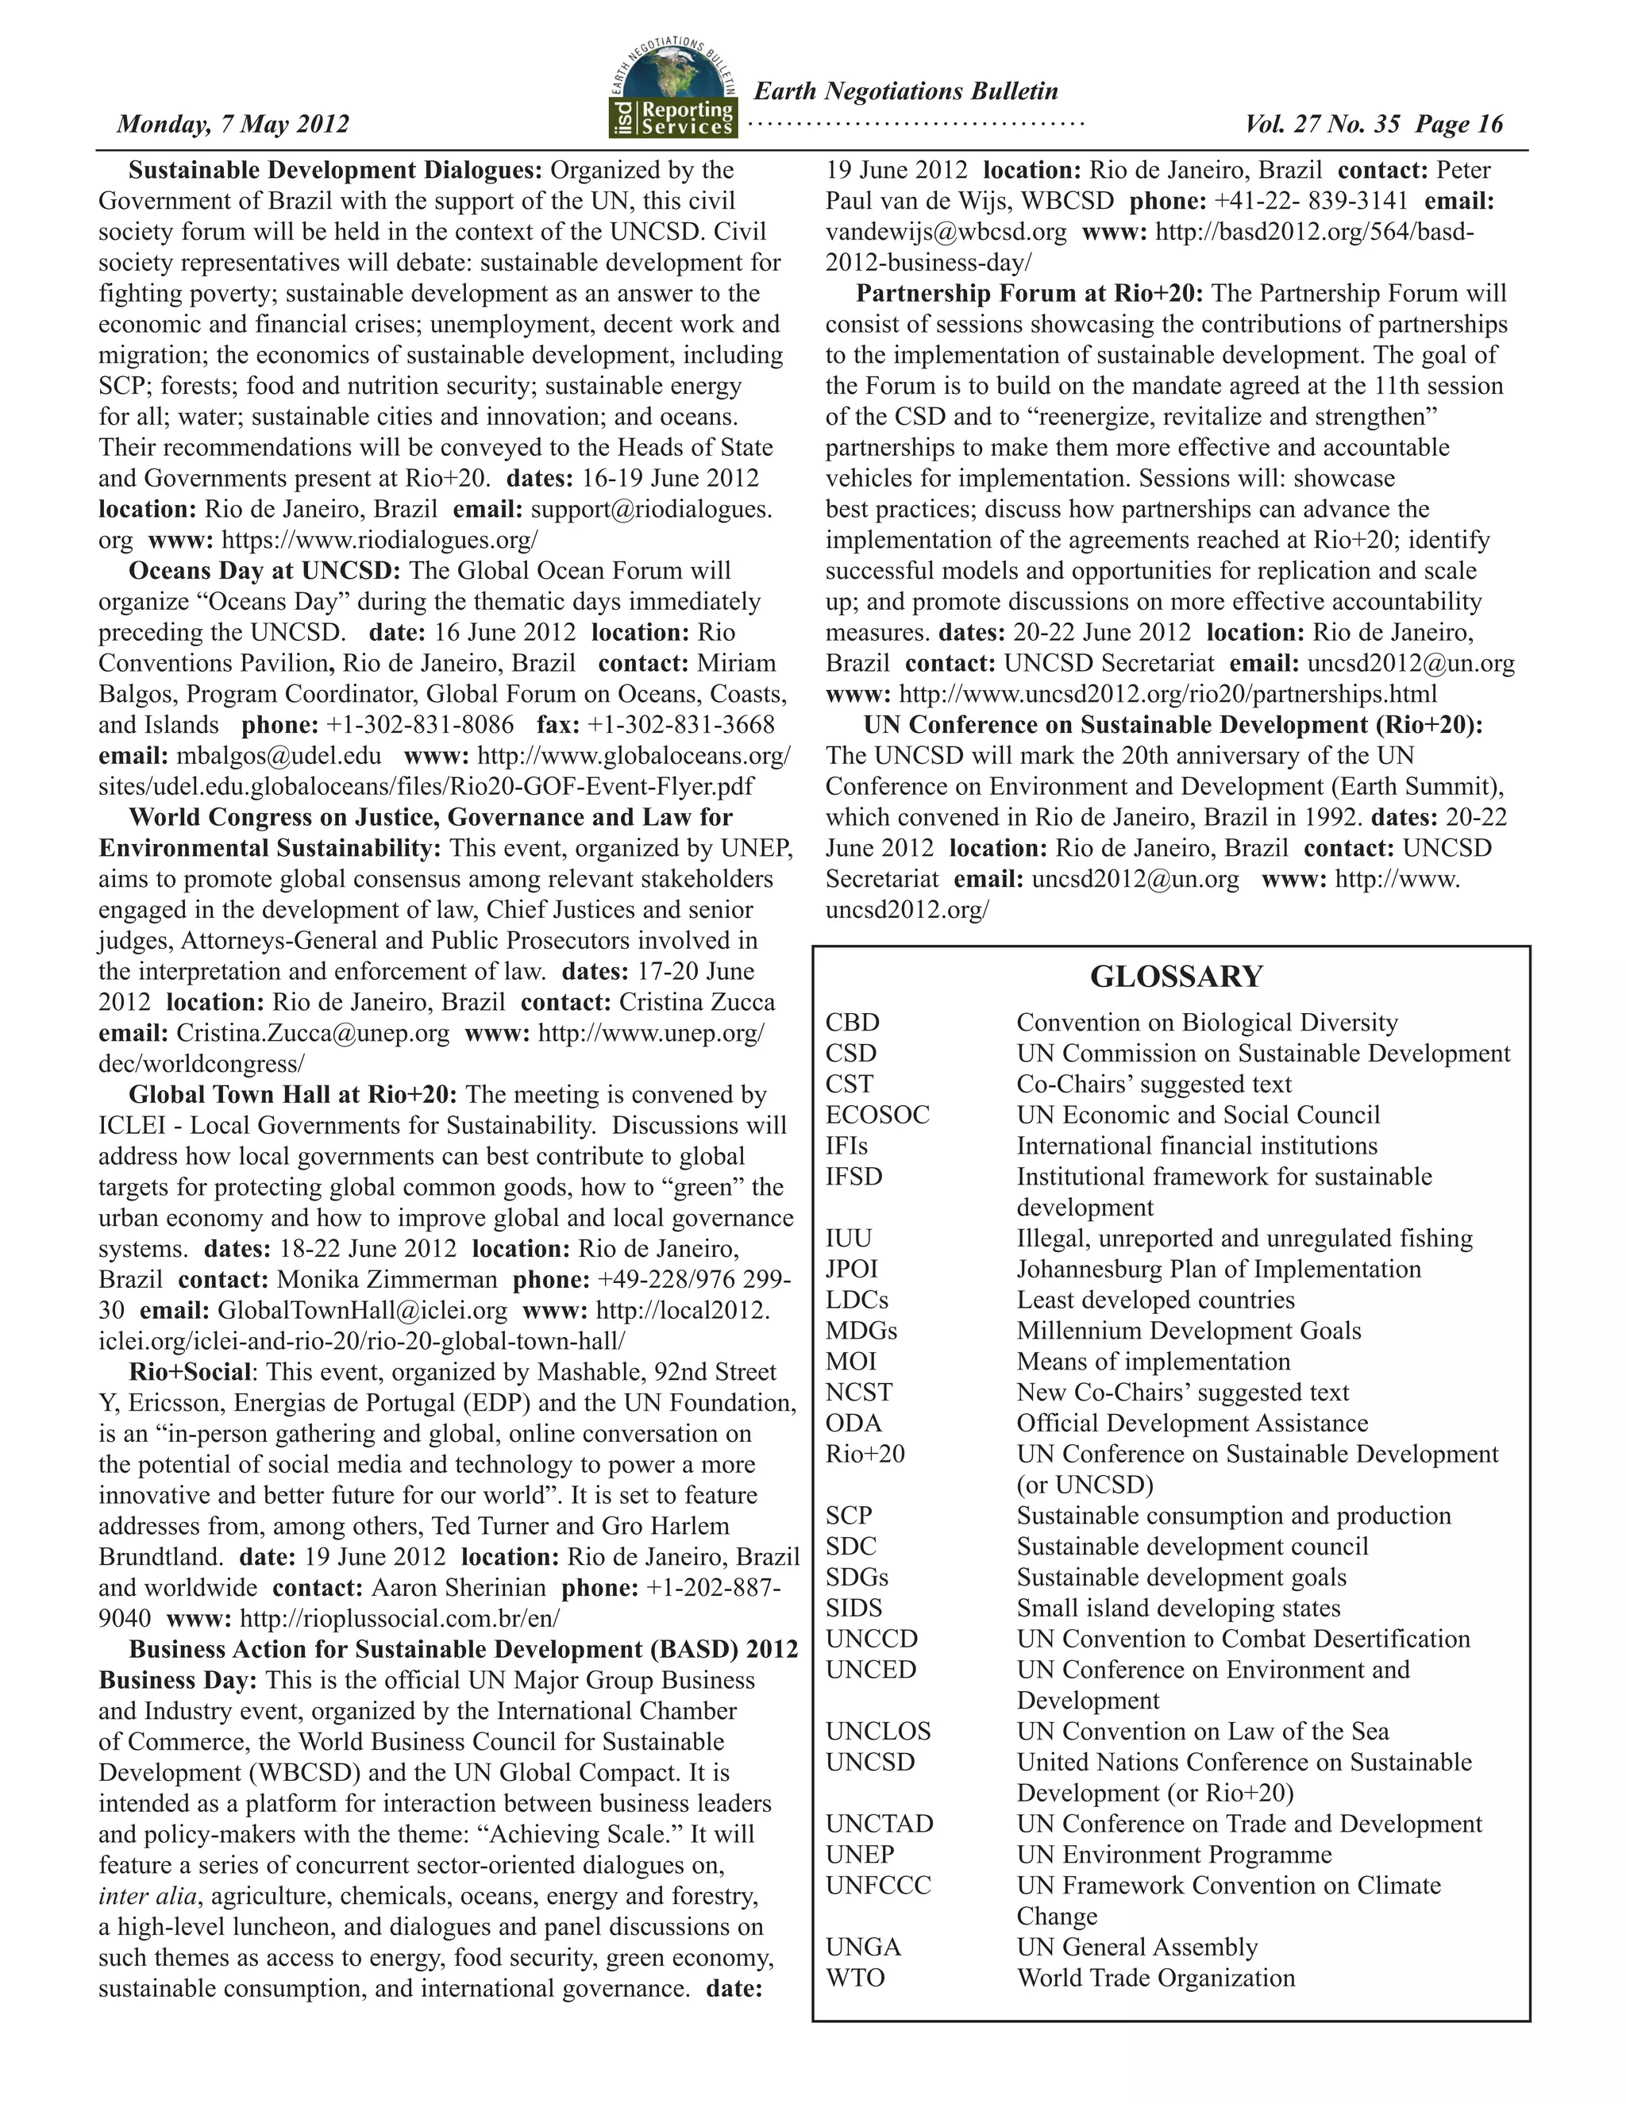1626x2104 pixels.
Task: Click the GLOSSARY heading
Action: click(1175, 976)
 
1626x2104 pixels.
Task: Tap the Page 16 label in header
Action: click(1459, 125)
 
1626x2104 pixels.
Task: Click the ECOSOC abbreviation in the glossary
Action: click(877, 1115)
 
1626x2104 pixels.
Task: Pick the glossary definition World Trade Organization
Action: click(1155, 1978)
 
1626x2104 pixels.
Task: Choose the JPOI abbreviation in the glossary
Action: click(852, 1269)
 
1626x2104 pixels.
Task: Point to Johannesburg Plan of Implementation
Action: click(1219, 1269)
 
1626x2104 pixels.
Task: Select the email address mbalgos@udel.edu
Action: click(279, 755)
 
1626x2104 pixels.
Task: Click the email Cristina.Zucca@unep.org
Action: click(312, 1033)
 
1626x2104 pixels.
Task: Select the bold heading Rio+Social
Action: click(190, 1372)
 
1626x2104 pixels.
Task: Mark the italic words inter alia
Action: click(148, 1896)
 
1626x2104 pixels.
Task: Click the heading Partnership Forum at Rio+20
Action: click(1031, 293)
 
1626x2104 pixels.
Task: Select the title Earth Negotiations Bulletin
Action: click(905, 91)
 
